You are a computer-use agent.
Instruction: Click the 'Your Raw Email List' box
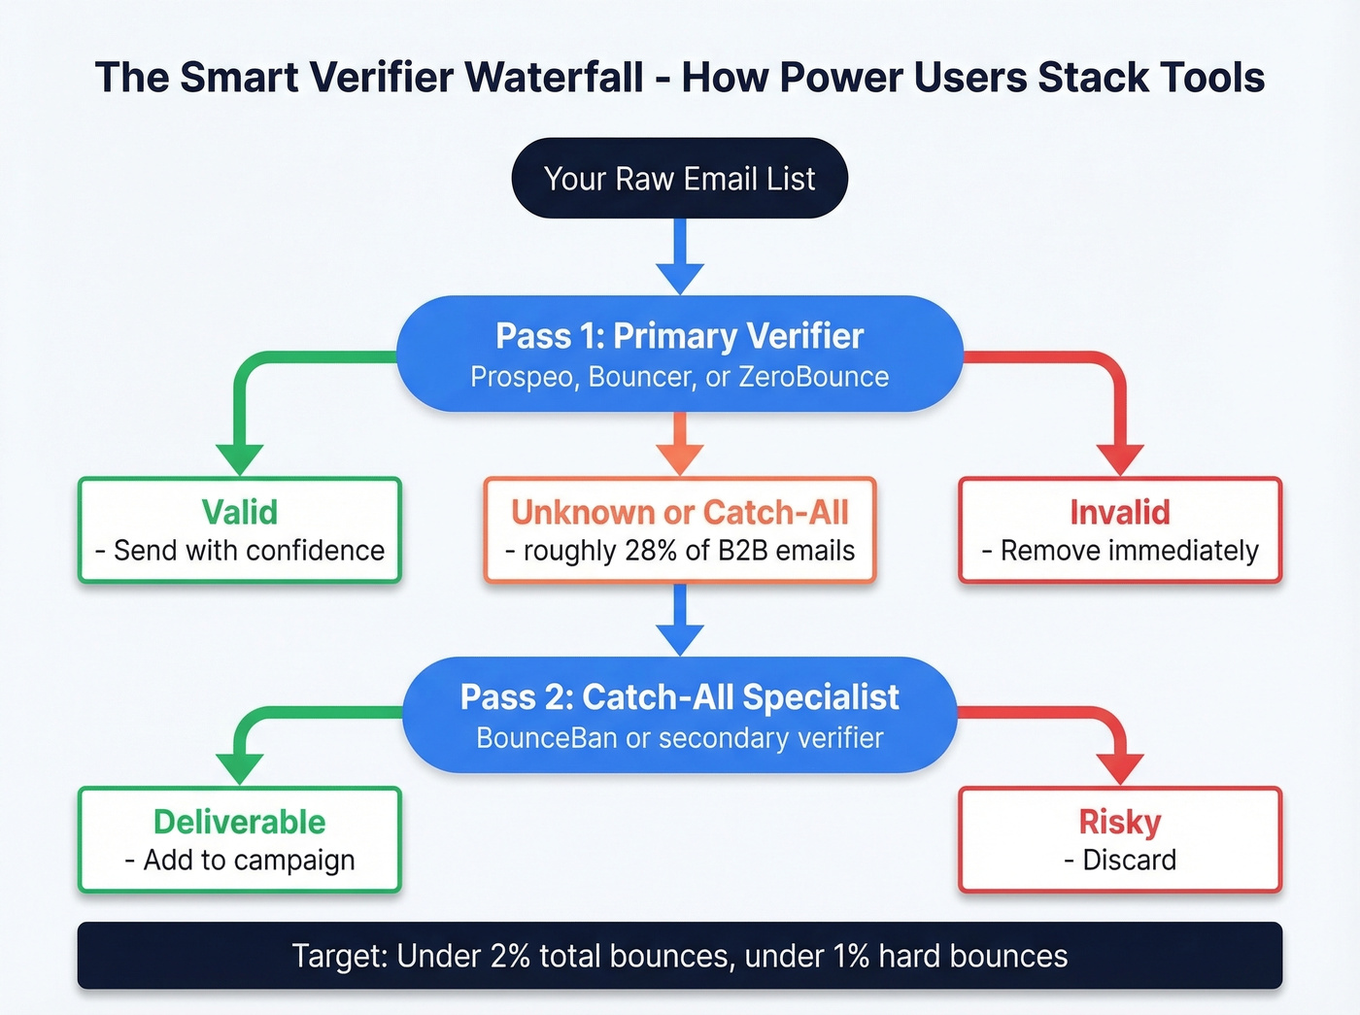tap(679, 179)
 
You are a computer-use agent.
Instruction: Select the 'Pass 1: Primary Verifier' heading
tap(679, 336)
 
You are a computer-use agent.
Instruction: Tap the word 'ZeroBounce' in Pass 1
tap(813, 377)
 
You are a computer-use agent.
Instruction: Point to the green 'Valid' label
tap(239, 512)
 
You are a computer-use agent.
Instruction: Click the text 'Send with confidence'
tap(249, 551)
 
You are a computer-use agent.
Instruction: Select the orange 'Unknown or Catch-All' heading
tap(679, 512)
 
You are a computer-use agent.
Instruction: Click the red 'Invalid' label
tap(1119, 512)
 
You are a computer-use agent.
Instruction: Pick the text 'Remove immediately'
tap(1129, 551)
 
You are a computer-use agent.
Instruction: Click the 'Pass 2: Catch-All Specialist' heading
tap(679, 697)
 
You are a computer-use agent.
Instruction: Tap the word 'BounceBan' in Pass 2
tap(546, 738)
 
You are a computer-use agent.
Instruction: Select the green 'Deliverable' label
tap(239, 822)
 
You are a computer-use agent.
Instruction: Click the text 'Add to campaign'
tap(249, 861)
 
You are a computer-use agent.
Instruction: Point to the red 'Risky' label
tap(1119, 822)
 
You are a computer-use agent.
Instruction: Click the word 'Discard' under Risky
tap(1129, 861)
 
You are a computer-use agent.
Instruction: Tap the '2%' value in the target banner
tap(510, 957)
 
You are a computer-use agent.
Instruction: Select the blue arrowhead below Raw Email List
tap(680, 277)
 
